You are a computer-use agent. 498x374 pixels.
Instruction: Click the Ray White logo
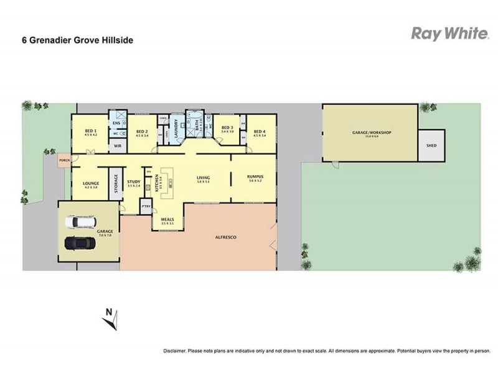coord(449,34)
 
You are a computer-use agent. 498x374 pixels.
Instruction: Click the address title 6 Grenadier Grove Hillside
coord(77,41)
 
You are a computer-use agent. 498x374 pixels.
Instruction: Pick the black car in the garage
coord(79,243)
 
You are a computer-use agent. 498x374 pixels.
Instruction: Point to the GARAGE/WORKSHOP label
coord(369,133)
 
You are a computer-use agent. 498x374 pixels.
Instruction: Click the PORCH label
coord(63,160)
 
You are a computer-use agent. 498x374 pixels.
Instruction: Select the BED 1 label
coord(91,131)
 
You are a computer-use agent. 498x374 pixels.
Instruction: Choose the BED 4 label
coord(260,131)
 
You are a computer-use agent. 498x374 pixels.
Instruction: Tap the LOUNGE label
coord(91,183)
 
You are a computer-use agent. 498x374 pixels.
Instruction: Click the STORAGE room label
coord(116,184)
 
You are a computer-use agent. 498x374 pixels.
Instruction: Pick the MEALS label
coord(167,219)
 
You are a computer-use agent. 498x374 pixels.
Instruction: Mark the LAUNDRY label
coord(177,129)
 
